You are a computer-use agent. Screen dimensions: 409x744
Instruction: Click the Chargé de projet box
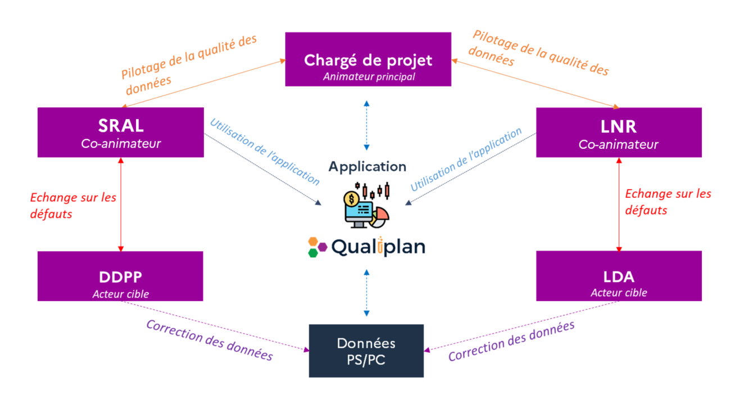[368, 60]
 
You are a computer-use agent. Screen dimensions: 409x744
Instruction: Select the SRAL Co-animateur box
[120, 133]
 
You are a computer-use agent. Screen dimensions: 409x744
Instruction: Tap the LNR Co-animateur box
[619, 133]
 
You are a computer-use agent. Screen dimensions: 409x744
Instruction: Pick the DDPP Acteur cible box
[120, 276]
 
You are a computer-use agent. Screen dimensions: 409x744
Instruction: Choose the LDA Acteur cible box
[619, 276]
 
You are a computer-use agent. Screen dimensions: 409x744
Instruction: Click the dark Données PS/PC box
[366, 351]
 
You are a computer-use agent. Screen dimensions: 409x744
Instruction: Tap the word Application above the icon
[367, 167]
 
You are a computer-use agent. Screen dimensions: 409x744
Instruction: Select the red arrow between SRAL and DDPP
[121, 204]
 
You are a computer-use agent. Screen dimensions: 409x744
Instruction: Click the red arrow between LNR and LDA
[619, 204]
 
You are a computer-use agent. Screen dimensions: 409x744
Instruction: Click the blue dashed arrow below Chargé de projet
[366, 125]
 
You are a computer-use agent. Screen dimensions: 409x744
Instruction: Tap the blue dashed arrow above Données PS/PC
[366, 292]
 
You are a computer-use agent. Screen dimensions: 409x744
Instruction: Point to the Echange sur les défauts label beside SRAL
[73, 205]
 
